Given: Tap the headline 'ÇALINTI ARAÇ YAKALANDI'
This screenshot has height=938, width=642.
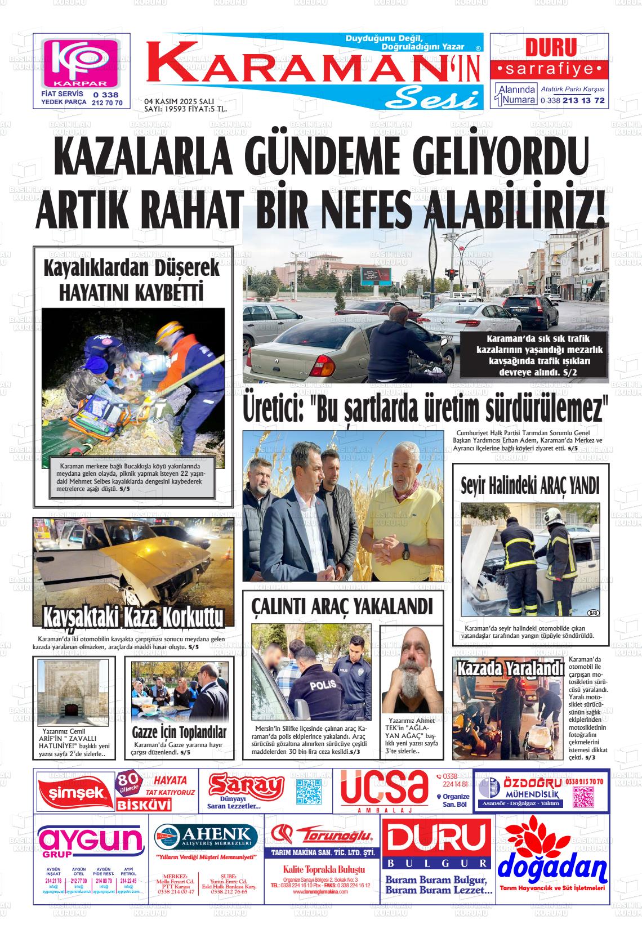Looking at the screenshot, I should pos(342,606).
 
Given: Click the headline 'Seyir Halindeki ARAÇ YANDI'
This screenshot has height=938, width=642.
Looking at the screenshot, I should pos(529,485).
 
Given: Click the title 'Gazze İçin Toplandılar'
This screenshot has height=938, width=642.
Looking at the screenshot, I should pos(179,732).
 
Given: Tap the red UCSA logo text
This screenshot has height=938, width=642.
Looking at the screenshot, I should pos(384,787).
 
